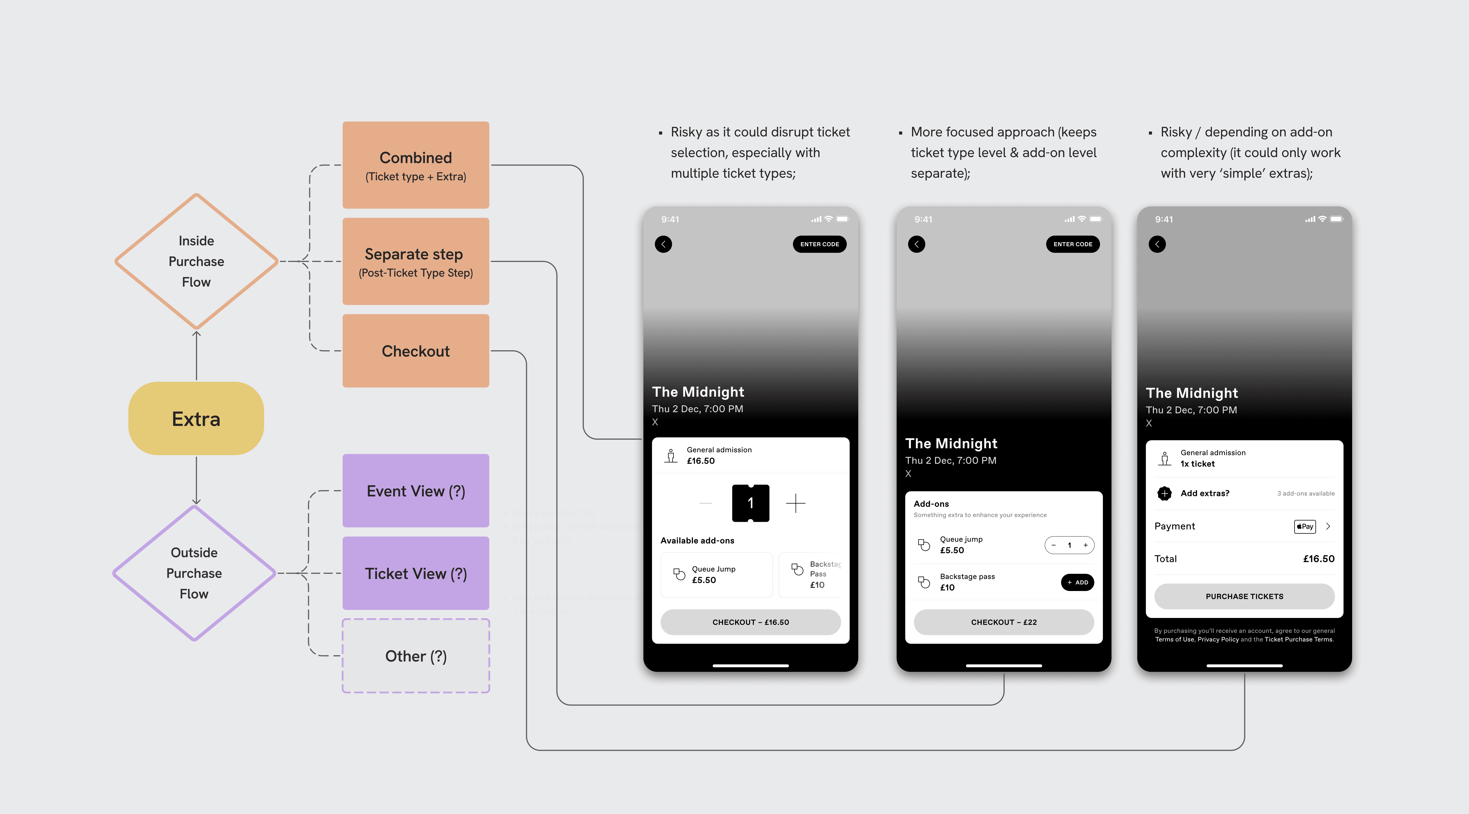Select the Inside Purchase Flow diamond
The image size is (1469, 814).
196,261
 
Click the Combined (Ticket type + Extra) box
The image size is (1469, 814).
416,165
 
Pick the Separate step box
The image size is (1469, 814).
416,261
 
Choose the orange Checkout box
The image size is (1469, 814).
416,351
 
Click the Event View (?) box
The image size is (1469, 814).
416,491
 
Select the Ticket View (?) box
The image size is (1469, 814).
416,573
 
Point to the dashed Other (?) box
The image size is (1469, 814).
416,656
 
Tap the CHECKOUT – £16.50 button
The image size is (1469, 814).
751,622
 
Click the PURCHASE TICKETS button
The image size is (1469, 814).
1244,596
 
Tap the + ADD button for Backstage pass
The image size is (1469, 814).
1077,582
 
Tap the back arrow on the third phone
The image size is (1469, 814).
1157,244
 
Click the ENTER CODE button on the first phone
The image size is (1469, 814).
819,244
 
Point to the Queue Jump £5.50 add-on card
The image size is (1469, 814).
716,574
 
